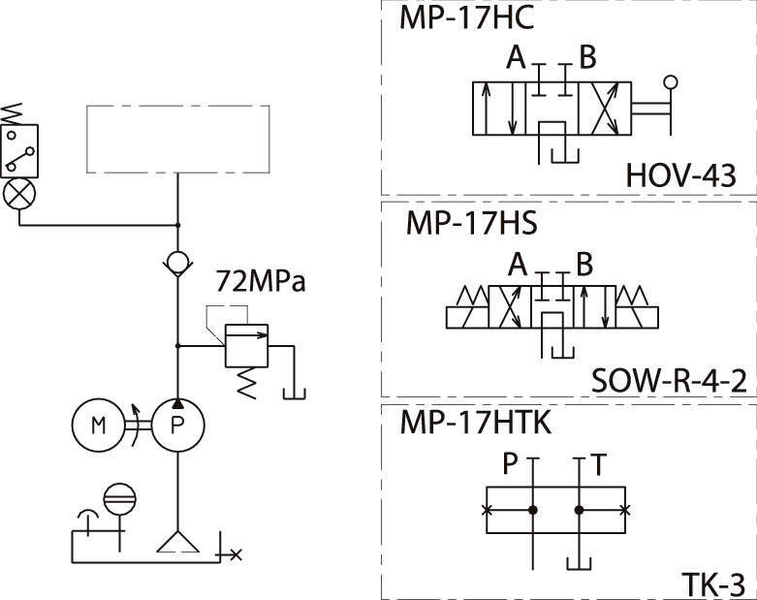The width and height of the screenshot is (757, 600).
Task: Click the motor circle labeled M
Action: pos(97,425)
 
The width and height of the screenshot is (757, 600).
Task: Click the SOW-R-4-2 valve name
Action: pos(668,381)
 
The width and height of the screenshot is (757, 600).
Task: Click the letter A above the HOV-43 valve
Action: pos(516,59)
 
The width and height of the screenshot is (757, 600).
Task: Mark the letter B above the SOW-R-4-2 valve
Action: pos(584,265)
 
